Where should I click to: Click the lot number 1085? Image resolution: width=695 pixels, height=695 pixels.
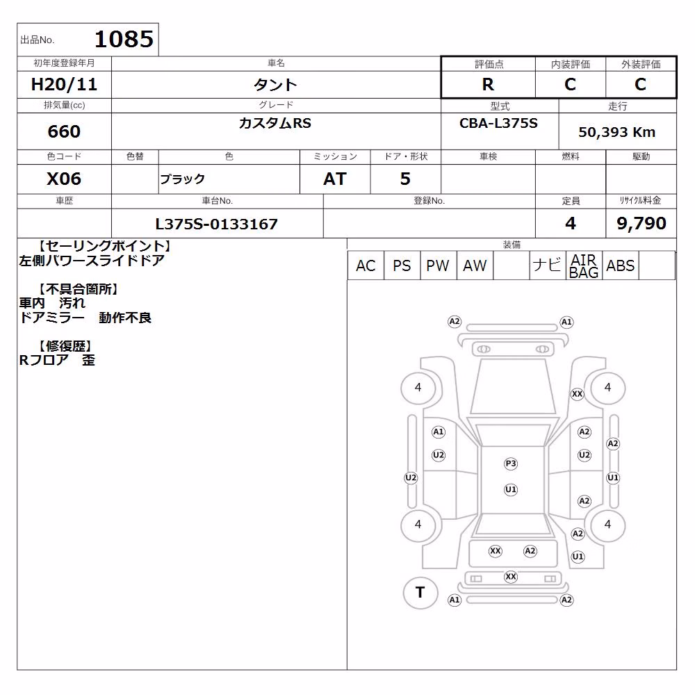click(x=124, y=39)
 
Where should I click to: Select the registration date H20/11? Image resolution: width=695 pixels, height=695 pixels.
click(x=64, y=84)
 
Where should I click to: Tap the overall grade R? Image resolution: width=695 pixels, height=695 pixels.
click(x=488, y=84)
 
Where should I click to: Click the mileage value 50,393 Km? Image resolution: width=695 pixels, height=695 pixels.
click(x=616, y=132)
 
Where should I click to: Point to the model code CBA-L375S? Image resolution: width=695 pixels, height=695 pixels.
click(x=498, y=123)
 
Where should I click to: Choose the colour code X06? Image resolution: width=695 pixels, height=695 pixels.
click(x=64, y=179)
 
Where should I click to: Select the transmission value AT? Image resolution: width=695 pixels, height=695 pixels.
click(x=335, y=179)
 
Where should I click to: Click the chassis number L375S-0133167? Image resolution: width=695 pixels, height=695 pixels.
click(x=217, y=224)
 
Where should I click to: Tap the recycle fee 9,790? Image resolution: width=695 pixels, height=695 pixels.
click(x=641, y=223)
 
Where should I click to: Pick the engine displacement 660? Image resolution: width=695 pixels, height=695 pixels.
click(x=64, y=131)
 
